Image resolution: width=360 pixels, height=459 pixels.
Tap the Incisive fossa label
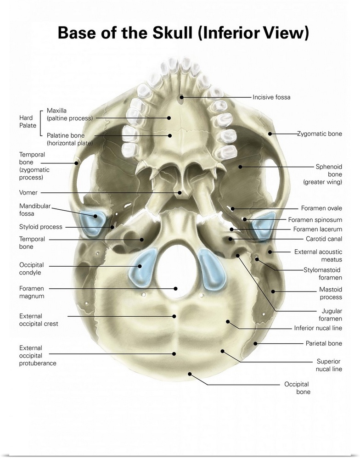pyautogui.click(x=271, y=97)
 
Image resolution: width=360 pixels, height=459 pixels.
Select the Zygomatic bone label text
pyautogui.click(x=319, y=134)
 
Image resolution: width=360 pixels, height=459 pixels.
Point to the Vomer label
pyautogui.click(x=28, y=193)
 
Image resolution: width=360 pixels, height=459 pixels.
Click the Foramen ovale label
pyautogui.click(x=321, y=208)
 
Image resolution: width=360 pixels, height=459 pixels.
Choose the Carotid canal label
pyautogui.click(x=324, y=239)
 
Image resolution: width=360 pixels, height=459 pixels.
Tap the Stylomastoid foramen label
pyautogui.click(x=323, y=274)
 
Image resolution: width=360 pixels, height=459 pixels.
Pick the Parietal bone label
pyautogui.click(x=324, y=343)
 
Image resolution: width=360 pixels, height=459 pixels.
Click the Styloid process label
pyautogui.click(x=41, y=227)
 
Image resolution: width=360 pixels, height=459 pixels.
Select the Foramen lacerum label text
pyautogui.click(x=318, y=229)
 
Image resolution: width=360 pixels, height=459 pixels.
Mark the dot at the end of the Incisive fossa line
pyautogui.click(x=182, y=97)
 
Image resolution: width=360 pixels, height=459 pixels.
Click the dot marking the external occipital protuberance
pyautogui.click(x=174, y=353)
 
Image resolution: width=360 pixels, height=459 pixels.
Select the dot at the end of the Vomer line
pyautogui.click(x=181, y=193)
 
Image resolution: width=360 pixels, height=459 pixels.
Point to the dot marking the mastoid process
pyautogui.click(x=273, y=291)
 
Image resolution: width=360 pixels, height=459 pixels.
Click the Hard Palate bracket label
pyautogui.click(x=28, y=122)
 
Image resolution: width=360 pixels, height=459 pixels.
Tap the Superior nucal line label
pyautogui.click(x=329, y=365)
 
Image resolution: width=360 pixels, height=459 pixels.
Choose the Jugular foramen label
pyautogui.click(x=331, y=314)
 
